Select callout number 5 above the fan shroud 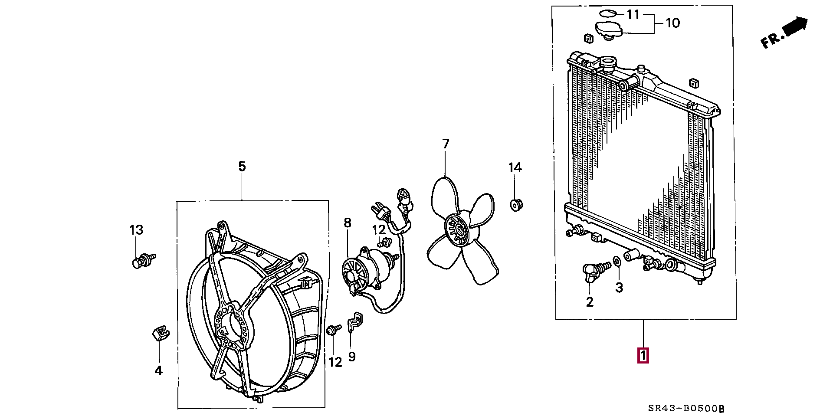point(242,166)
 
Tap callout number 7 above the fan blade point(446,144)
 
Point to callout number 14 point(515,167)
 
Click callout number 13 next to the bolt point(136,230)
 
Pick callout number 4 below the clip point(159,370)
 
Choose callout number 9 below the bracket point(352,356)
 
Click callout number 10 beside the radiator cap point(672,23)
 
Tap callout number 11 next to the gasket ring point(633,14)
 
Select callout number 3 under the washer point(619,287)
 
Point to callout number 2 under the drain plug point(590,301)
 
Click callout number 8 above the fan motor point(348,223)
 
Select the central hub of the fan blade point(457,231)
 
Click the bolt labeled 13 point(140,262)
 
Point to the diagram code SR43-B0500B point(686,408)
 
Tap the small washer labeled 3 point(617,261)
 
